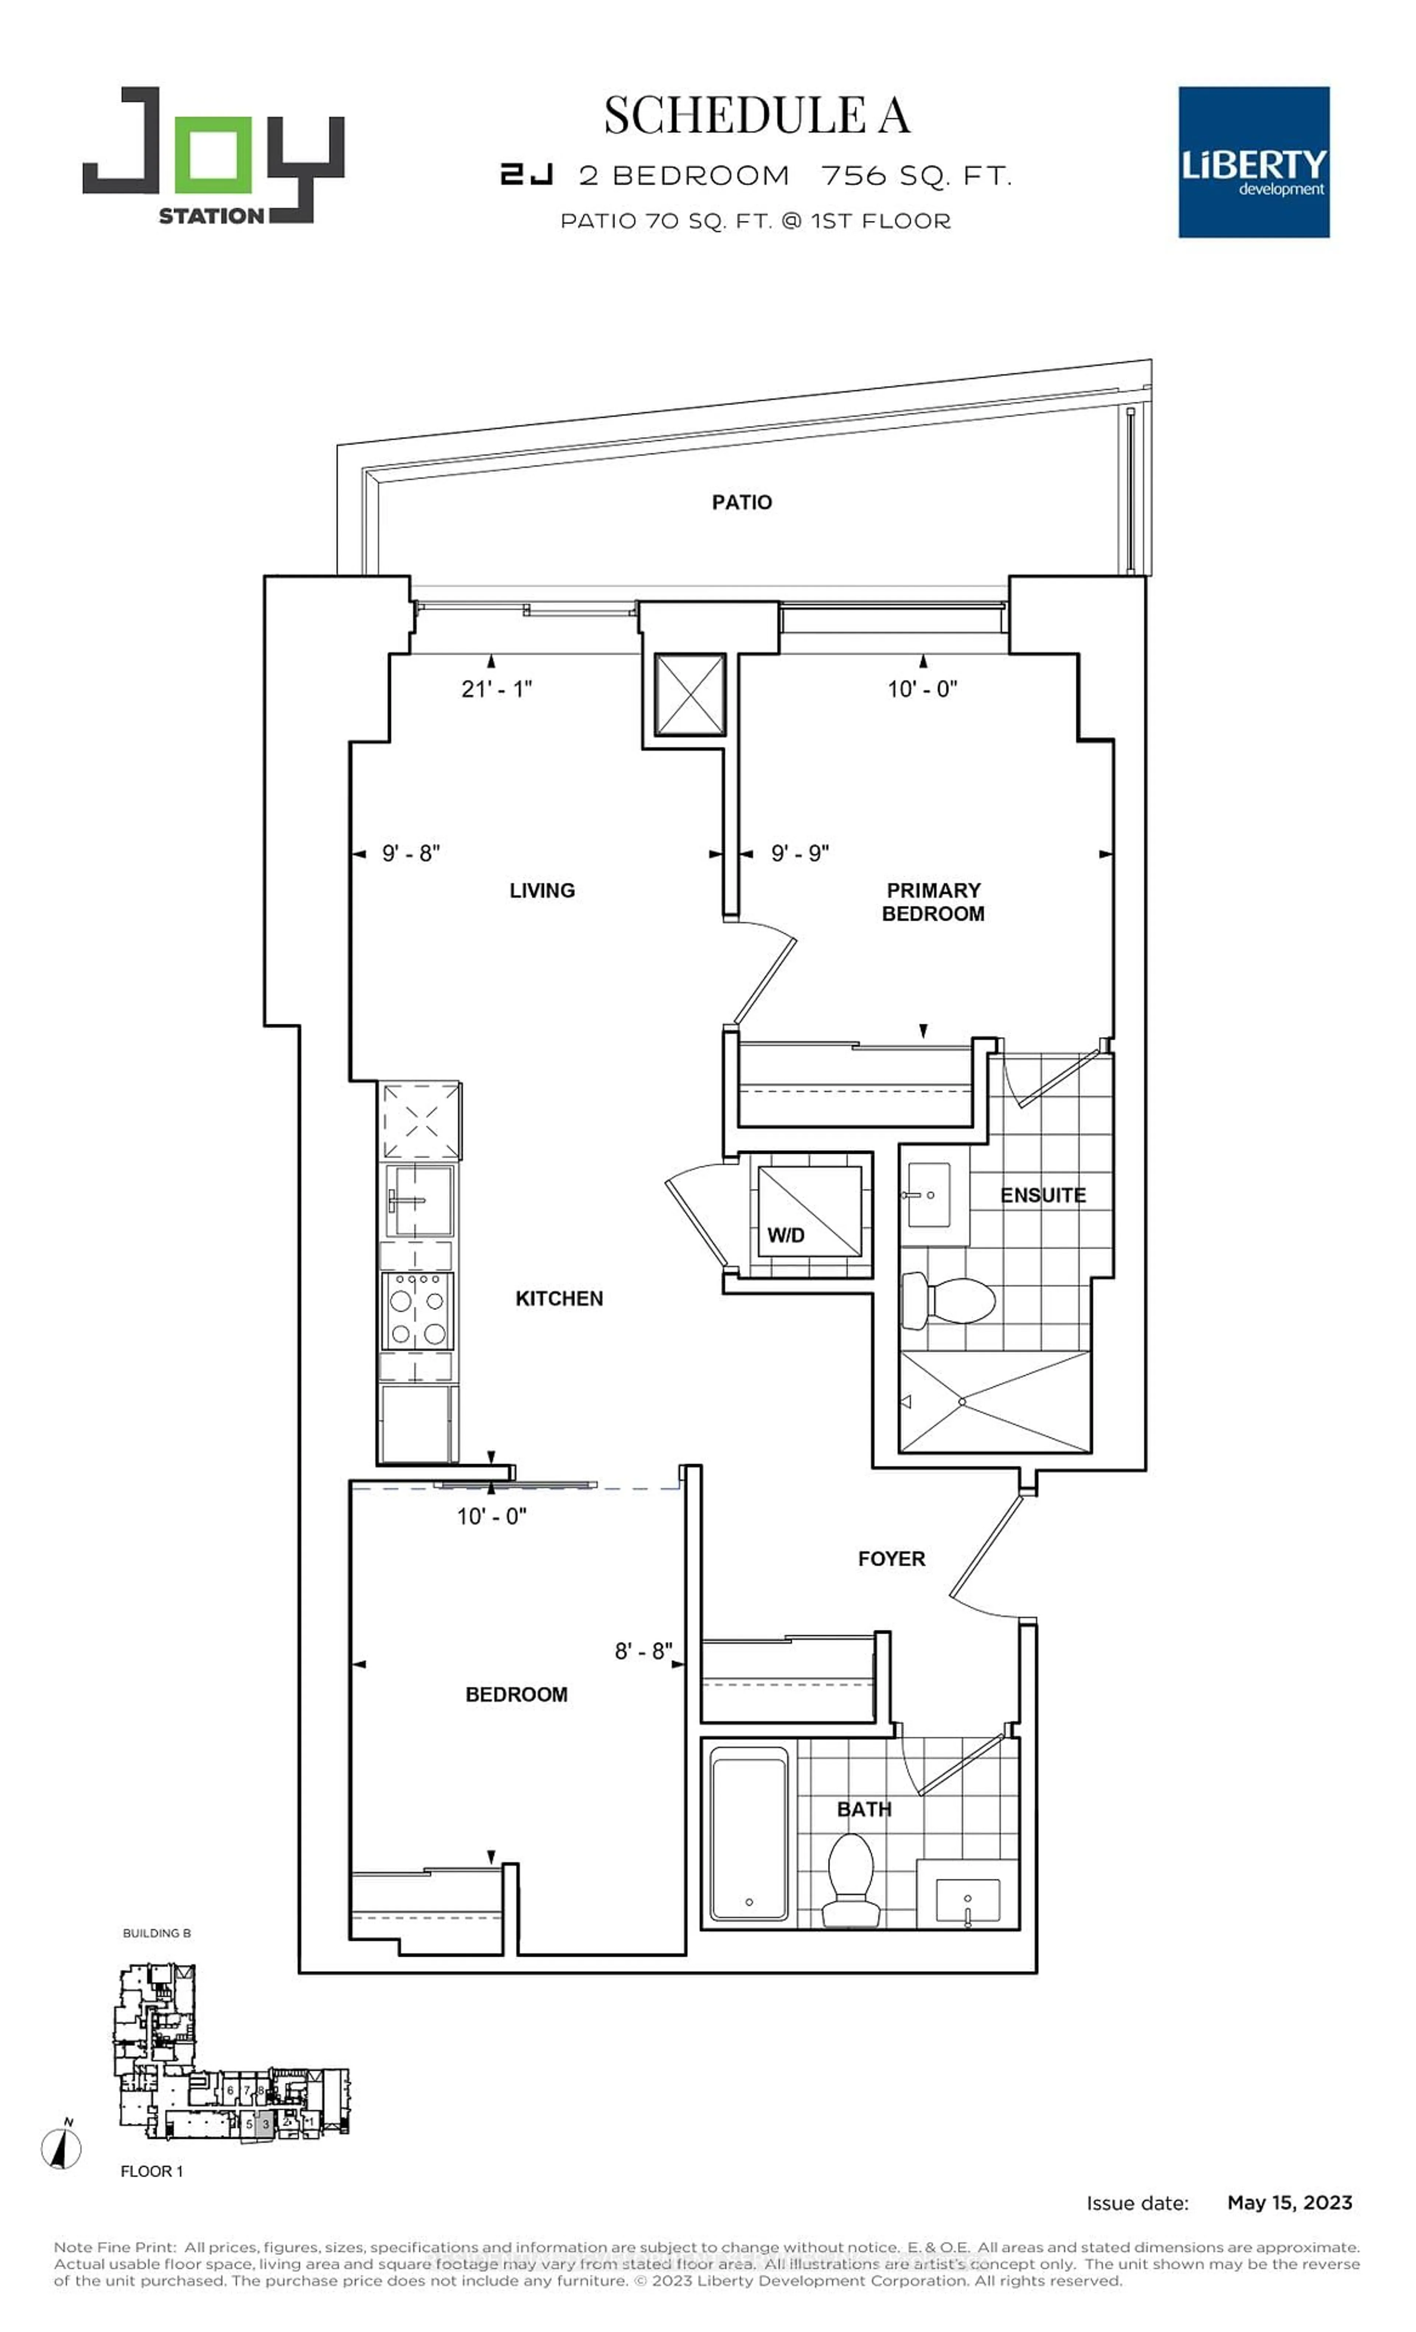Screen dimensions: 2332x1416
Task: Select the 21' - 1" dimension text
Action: click(496, 689)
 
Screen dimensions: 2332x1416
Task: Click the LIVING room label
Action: click(541, 891)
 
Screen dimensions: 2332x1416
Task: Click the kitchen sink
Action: click(417, 1200)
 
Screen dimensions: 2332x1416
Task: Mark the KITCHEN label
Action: click(558, 1299)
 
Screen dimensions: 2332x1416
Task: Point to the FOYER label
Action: click(891, 1559)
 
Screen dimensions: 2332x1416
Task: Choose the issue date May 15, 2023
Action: click(1289, 2202)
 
